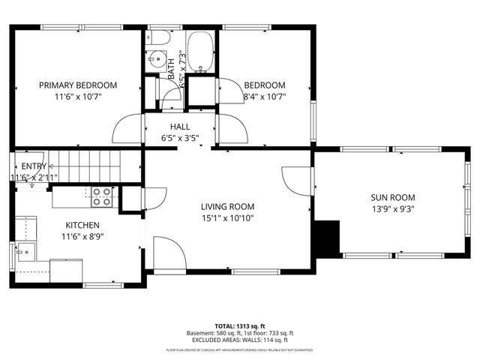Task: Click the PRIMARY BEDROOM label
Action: [78, 85]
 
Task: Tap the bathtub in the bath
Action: [199, 52]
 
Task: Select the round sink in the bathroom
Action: [157, 57]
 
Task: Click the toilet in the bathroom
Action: [158, 36]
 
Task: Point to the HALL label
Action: [180, 127]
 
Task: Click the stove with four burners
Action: [102, 196]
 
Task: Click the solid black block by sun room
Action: [326, 238]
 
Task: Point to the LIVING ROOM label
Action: [227, 206]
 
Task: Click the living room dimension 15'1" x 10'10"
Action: [227, 218]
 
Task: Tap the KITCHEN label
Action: [82, 224]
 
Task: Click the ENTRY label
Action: [34, 166]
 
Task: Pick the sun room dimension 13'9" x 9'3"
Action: [392, 211]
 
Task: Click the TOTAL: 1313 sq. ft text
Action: [239, 326]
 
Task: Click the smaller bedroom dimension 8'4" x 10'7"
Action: [265, 96]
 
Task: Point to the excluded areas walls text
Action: [239, 340]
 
